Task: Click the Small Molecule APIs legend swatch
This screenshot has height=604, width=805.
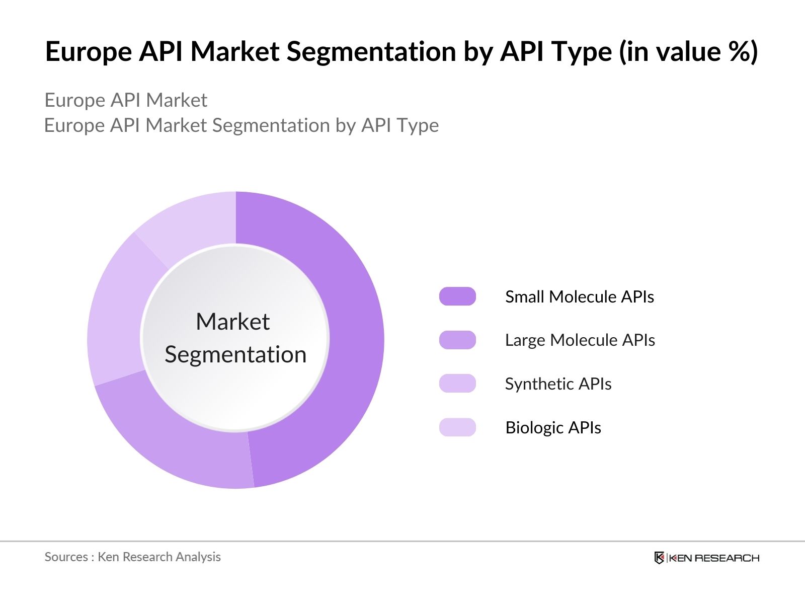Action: pyautogui.click(x=457, y=296)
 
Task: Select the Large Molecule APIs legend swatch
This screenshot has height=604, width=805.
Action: pyautogui.click(x=457, y=340)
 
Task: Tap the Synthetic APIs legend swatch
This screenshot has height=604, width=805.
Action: pyautogui.click(x=457, y=384)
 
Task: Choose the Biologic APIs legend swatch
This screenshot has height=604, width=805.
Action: pyautogui.click(x=457, y=427)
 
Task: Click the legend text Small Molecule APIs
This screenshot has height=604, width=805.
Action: pyautogui.click(x=579, y=297)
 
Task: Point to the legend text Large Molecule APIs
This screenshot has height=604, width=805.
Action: pyautogui.click(x=580, y=340)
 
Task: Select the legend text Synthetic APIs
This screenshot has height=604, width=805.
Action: pyautogui.click(x=558, y=384)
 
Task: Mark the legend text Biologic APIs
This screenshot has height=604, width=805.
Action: pyautogui.click(x=553, y=428)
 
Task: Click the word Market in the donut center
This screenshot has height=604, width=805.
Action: pyautogui.click(x=232, y=322)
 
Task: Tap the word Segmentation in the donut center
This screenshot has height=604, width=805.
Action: pyautogui.click(x=235, y=355)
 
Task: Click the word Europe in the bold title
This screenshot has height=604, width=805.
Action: pyautogui.click(x=88, y=52)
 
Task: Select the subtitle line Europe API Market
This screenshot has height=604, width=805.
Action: pyautogui.click(x=126, y=100)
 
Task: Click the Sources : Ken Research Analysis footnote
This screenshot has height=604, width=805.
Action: pyautogui.click(x=132, y=557)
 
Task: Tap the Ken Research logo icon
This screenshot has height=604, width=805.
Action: pyautogui.click(x=659, y=558)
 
